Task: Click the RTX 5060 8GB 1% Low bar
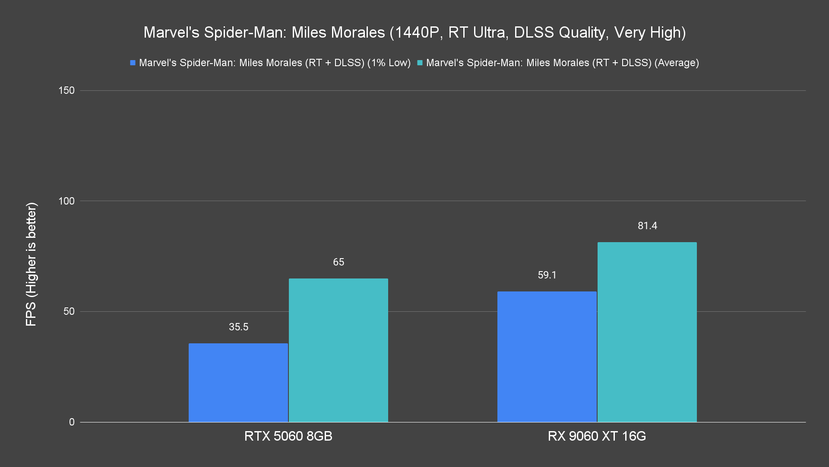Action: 238,383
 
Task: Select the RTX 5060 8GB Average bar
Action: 339,350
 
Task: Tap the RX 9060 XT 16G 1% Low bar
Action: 547,357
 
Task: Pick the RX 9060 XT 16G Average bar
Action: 647,332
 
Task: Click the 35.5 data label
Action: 238,327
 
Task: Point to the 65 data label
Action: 339,262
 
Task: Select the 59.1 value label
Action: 547,275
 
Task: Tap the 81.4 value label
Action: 647,226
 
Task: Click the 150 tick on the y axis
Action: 66,90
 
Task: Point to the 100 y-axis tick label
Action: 66,201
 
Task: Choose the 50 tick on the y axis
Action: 69,311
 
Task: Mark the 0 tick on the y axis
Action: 72,422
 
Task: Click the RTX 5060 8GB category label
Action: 288,436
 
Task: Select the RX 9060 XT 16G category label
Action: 597,436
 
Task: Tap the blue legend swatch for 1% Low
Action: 133,63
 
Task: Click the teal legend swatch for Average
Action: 420,63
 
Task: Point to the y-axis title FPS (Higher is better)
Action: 31,264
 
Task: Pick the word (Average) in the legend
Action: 677,63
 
